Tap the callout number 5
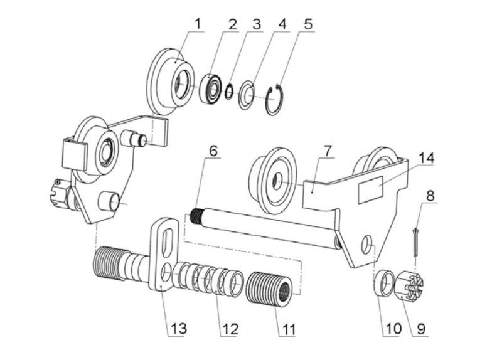coord(308,24)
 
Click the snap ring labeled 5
coord(274,102)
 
